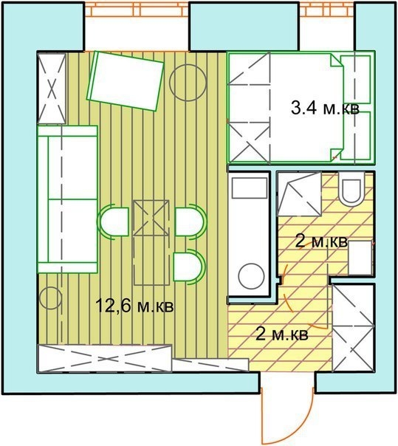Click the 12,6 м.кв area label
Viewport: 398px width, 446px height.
click(134, 306)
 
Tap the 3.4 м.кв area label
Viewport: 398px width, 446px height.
click(325, 109)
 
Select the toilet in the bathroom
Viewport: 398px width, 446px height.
click(351, 188)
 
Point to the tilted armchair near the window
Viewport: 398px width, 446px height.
click(126, 80)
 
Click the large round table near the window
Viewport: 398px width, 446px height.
click(188, 82)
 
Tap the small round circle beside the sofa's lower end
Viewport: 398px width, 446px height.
click(51, 298)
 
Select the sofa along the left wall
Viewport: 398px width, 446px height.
click(68, 199)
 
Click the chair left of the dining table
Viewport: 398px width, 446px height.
click(113, 222)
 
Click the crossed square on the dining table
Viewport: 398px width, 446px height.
click(151, 218)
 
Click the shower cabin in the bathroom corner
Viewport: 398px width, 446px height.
click(300, 194)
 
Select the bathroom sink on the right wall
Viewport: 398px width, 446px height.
click(361, 258)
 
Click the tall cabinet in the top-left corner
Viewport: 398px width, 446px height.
click(52, 89)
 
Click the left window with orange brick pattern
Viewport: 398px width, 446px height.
click(137, 10)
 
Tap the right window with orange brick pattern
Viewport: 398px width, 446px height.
click(327, 10)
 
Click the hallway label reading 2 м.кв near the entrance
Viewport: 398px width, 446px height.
click(282, 334)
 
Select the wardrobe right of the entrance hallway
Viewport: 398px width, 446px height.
click(353, 328)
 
